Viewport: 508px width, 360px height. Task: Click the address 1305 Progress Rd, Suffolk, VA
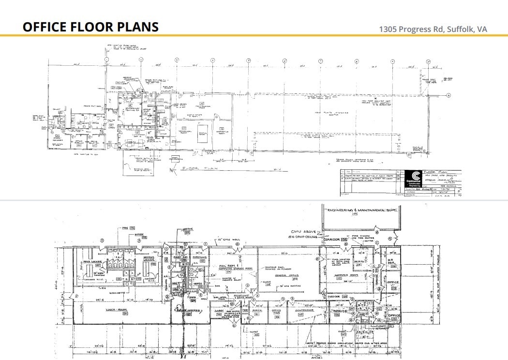pyautogui.click(x=433, y=29)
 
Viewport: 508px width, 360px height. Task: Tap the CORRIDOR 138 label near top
pyautogui.click(x=335, y=240)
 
